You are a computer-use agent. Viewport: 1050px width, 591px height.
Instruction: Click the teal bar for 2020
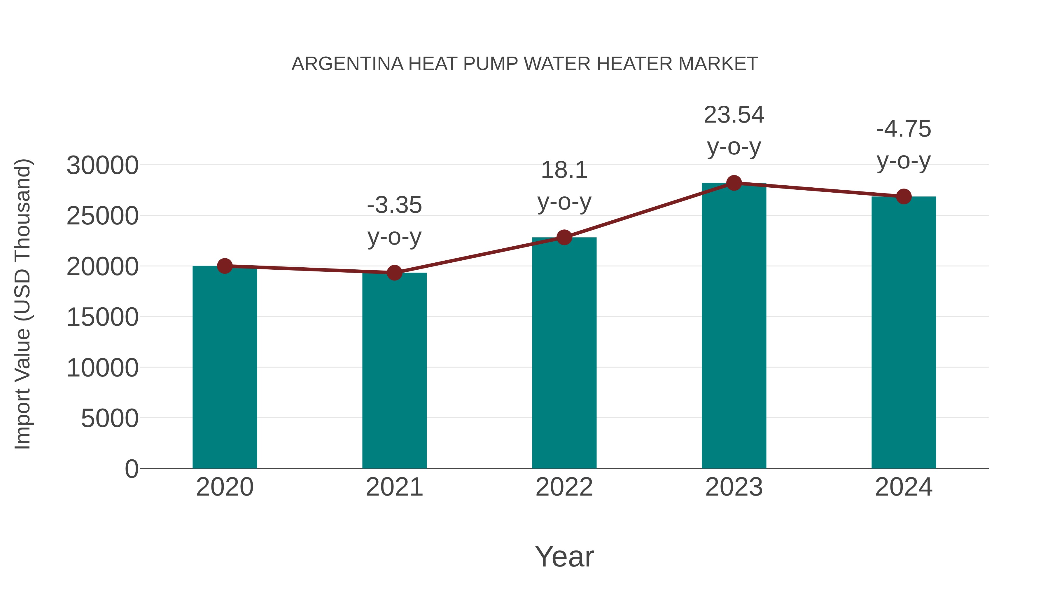(225, 367)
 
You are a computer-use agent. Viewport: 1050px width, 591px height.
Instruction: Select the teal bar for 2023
(734, 326)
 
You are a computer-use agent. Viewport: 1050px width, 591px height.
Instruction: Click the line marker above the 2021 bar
(394, 273)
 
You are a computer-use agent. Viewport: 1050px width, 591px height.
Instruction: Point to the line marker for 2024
(904, 197)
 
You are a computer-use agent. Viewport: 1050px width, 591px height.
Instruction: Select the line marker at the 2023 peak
(734, 183)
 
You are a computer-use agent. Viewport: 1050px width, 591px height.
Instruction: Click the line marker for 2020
(225, 266)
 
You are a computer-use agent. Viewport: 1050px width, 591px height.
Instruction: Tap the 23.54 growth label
(734, 115)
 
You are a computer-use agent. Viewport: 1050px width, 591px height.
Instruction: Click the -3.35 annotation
(394, 205)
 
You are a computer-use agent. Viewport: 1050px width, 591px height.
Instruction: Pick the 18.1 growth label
(564, 170)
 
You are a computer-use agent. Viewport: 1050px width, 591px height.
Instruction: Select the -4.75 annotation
(904, 129)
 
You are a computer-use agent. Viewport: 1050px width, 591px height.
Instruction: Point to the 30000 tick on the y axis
(102, 165)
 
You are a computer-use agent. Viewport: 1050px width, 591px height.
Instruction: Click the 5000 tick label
(110, 419)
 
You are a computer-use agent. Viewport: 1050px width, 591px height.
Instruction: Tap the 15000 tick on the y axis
(102, 317)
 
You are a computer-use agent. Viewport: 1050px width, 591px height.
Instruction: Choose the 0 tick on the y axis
(131, 469)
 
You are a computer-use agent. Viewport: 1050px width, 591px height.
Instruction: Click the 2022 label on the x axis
(564, 487)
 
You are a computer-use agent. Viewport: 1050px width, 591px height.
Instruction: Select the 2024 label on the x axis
(904, 487)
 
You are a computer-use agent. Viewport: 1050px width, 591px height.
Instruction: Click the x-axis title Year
(564, 556)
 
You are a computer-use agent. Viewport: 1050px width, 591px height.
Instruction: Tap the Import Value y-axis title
(22, 304)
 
